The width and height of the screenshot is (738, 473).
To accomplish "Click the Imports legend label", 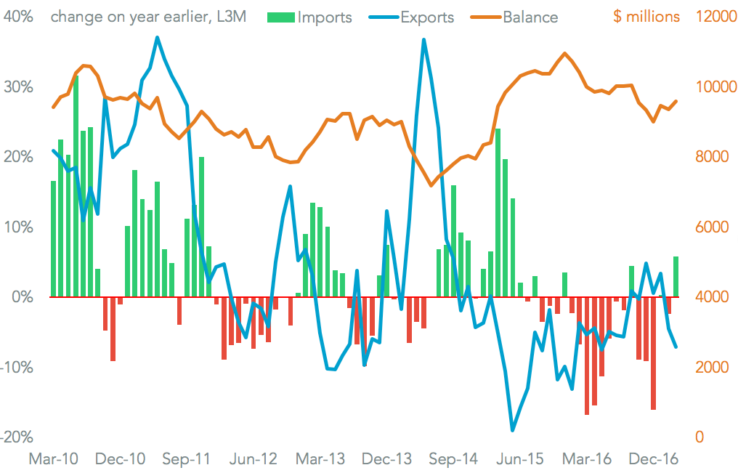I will (x=325, y=17).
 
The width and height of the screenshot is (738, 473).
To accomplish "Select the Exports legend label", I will (x=427, y=17).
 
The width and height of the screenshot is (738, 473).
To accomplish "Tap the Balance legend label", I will (x=530, y=17).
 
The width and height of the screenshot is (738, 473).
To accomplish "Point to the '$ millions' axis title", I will (x=646, y=17).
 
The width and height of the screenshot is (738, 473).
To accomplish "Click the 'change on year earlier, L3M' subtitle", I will (x=148, y=17).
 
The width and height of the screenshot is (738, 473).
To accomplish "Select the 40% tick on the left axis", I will (x=18, y=17).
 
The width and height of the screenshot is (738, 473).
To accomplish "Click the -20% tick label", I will (x=17, y=437).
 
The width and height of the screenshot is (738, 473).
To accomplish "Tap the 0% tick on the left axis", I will (x=22, y=297).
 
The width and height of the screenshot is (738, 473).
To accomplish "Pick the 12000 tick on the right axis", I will (x=714, y=17).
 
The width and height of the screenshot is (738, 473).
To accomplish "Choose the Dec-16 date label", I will (x=653, y=459).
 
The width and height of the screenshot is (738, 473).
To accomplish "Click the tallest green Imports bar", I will (x=76, y=185).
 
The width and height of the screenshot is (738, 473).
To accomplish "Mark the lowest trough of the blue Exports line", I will (x=513, y=430).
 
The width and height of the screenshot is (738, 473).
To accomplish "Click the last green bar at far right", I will (x=676, y=277).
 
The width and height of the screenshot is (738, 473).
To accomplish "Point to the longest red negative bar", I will (x=586, y=355).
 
